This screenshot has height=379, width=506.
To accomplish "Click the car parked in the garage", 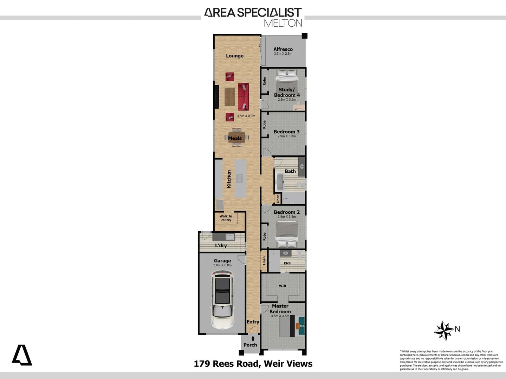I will coord(222,301).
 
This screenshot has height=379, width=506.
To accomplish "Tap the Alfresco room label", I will coord(283,49).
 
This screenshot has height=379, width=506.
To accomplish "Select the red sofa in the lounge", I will coord(244,97).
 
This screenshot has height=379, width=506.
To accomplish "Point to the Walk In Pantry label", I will coord(226,218).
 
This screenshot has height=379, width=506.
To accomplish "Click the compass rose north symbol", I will coord(445,330).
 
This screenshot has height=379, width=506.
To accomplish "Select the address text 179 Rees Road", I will coord(227,364).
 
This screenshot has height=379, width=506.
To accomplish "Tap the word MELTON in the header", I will coord(283,23).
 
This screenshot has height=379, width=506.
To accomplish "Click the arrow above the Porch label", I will coord(253,339).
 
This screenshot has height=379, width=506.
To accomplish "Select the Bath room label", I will coord(290,171).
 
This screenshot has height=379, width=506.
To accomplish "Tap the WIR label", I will coord(283,286).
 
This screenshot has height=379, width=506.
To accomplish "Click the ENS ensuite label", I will coord(287,263).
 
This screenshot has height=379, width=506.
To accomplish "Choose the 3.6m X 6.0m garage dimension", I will coord(222,265).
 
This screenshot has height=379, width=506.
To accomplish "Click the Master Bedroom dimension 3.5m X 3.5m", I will coord(280,316).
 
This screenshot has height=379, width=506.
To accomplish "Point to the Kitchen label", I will coord(229,179).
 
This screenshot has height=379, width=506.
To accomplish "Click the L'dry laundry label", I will coord(221,245).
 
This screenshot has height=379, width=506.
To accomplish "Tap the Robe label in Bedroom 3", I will coord(264,125).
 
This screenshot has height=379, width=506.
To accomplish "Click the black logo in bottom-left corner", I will coord(22,355).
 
